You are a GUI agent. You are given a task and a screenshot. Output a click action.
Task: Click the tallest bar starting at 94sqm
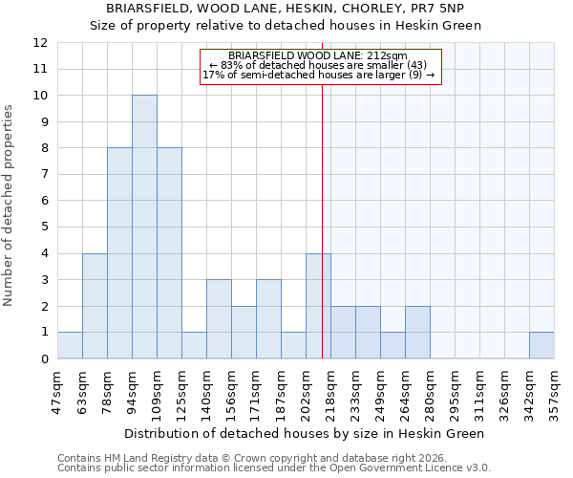coord(144,227)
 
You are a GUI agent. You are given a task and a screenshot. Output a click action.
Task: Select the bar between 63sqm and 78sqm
coord(95,306)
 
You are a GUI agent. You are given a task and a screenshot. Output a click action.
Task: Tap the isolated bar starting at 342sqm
coord(541,345)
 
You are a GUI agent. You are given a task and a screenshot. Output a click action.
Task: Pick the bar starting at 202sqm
coord(318,306)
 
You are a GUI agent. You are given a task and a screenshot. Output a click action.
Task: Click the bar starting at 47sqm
coord(70,345)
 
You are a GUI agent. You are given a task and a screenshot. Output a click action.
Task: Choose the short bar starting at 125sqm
coord(194,345)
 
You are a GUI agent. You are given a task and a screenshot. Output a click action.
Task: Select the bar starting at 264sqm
coord(417,333)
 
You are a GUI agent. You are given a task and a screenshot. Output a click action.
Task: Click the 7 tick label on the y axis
coord(43,175)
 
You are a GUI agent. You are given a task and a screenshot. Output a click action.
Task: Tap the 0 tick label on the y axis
coord(43,359)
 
